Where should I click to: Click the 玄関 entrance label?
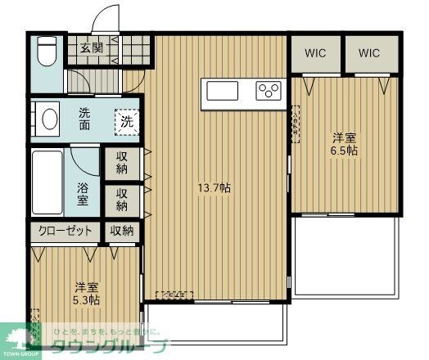point(91,47)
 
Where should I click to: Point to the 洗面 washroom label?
point(85,119)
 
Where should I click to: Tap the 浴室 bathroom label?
point(83,193)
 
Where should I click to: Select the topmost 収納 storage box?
point(122,162)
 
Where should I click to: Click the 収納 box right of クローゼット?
point(122,232)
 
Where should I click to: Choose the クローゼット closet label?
point(65,232)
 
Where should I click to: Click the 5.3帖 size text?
point(85,300)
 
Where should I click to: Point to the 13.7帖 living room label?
point(214,188)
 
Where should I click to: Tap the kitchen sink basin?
point(222,89)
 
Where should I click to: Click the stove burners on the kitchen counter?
point(269,89)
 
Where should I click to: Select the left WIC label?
point(316,53)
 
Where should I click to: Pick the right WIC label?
point(369,53)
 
